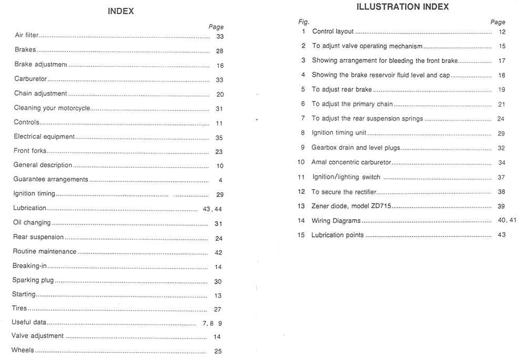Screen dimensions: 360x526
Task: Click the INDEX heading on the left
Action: pos(120,11)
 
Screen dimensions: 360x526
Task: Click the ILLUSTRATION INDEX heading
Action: pos(402,7)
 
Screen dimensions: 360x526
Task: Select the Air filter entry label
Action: pos(27,36)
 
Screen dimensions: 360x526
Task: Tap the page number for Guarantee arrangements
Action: pos(220,180)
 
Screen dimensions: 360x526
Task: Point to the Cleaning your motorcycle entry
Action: pos(52,108)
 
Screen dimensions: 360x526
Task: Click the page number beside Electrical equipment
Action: pos(219,138)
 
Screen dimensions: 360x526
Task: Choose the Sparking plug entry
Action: pos(33,280)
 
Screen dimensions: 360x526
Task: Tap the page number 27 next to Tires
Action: pos(218,310)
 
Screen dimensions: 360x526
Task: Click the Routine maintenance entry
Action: pos(45,252)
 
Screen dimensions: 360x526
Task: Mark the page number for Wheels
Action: pos(218,352)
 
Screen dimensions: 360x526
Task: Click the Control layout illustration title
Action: pos(333,32)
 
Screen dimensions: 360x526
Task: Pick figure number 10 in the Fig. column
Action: pos(301,162)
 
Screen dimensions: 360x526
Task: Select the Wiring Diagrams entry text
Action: pos(336,221)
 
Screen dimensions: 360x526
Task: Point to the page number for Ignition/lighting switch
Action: pos(501,178)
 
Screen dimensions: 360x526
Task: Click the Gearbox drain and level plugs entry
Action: pos(356,148)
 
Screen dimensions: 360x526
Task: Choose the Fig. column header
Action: pos(304,22)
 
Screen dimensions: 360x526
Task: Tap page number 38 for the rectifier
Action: pos(501,192)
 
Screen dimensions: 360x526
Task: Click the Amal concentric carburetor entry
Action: pos(351,162)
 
